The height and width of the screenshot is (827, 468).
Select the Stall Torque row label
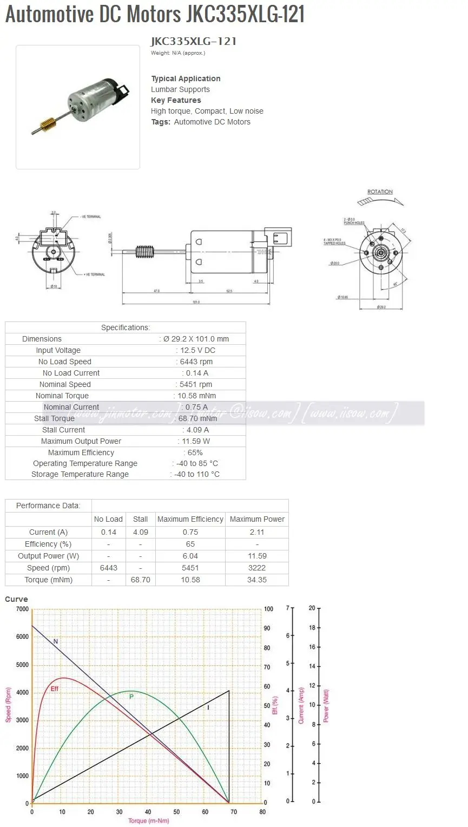click(54, 418)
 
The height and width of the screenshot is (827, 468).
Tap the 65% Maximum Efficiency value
click(195, 452)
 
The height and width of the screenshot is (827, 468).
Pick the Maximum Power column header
click(257, 519)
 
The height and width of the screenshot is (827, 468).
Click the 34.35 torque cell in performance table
click(257, 580)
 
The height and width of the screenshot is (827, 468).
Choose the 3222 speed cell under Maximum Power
click(257, 568)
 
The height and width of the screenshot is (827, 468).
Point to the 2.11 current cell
click(257, 532)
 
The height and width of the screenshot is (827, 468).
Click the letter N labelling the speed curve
click(56, 641)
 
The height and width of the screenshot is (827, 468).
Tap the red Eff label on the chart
click(55, 688)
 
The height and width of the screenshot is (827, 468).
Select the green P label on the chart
click(131, 697)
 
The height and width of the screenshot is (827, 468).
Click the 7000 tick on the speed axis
click(22, 609)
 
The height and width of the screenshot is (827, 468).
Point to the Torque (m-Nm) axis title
click(148, 821)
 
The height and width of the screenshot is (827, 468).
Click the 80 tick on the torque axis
click(262, 811)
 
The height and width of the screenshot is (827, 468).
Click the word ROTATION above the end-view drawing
click(380, 192)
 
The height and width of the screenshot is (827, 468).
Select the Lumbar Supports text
click(180, 89)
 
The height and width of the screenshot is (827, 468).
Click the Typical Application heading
click(186, 78)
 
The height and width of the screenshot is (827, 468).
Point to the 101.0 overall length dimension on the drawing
click(196, 302)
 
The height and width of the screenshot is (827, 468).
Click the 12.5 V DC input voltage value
click(197, 350)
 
